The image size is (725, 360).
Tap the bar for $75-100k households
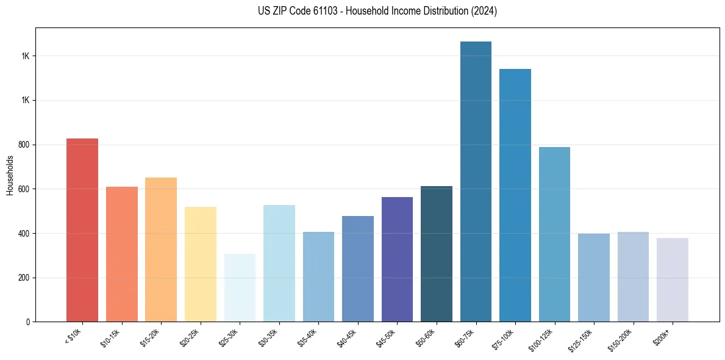pos(515,195)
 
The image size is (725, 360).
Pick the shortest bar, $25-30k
pos(240,287)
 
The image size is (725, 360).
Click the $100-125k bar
pos(554,234)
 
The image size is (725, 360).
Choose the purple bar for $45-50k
pos(397,259)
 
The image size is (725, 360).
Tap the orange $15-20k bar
pos(161,250)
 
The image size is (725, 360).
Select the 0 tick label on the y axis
pos(28,322)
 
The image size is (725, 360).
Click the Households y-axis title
pos(10,175)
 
